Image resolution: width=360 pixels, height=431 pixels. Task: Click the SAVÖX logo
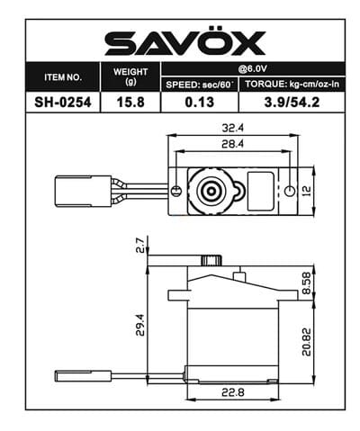pyautogui.click(x=185, y=42)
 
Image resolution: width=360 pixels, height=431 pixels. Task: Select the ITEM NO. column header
pyautogui.click(x=64, y=76)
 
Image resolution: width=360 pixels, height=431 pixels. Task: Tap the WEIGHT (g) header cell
pyautogui.click(x=131, y=76)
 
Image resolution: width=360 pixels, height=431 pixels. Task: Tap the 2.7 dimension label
pyautogui.click(x=140, y=245)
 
